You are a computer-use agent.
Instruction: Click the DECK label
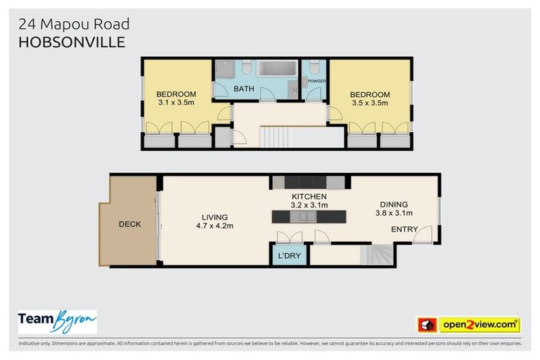tap(129, 224)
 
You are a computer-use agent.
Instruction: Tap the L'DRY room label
tap(290, 255)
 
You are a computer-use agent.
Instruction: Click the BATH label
tap(244, 89)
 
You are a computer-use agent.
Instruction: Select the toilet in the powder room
tap(314, 67)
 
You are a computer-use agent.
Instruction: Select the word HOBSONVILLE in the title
tap(72, 42)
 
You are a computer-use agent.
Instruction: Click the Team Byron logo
tap(57, 322)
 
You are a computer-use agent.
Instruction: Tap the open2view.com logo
tap(480, 325)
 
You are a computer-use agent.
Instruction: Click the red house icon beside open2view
tap(427, 325)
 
